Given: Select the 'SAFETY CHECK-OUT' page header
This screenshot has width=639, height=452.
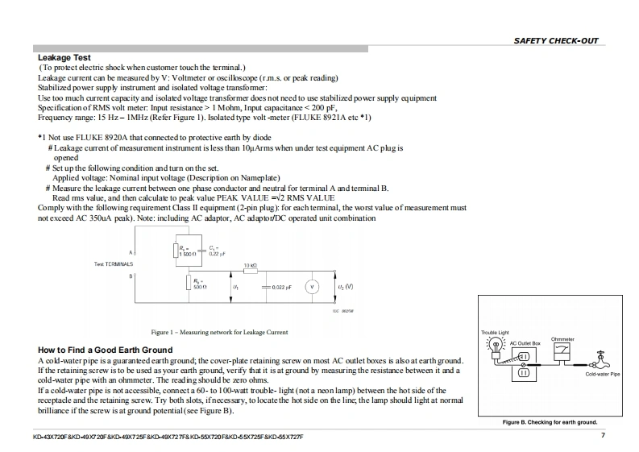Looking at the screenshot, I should [x=556, y=41].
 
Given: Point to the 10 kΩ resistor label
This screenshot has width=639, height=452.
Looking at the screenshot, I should [x=250, y=265].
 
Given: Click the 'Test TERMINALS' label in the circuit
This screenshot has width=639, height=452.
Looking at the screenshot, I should [x=114, y=264].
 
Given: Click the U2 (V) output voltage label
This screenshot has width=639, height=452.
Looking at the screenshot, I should [x=344, y=286].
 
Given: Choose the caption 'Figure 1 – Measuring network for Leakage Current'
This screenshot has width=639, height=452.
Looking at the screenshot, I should [x=219, y=332].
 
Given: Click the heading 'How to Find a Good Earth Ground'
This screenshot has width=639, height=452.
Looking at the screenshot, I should [x=105, y=350].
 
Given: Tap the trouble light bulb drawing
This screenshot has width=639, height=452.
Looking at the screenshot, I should [x=496, y=345].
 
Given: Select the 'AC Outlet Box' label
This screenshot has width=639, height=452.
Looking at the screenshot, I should [x=525, y=343].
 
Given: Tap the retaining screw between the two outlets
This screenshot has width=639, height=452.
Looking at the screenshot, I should [x=524, y=364].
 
